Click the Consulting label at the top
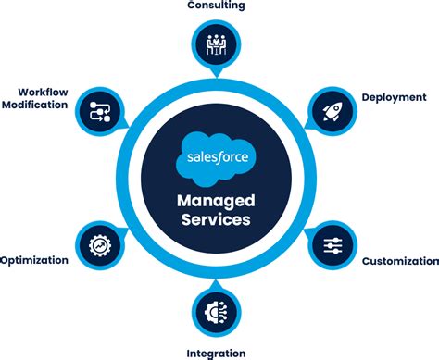tap(216, 6)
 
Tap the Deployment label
tap(394, 97)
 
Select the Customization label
tap(399, 262)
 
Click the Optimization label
tap(35, 261)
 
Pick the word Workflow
tap(43, 92)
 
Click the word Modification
tap(34, 106)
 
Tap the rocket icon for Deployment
tap(332, 110)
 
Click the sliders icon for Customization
tap(333, 245)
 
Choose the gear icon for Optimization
tap(98, 246)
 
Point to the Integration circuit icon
tap(216, 312)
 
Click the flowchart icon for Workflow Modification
tap(98, 111)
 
